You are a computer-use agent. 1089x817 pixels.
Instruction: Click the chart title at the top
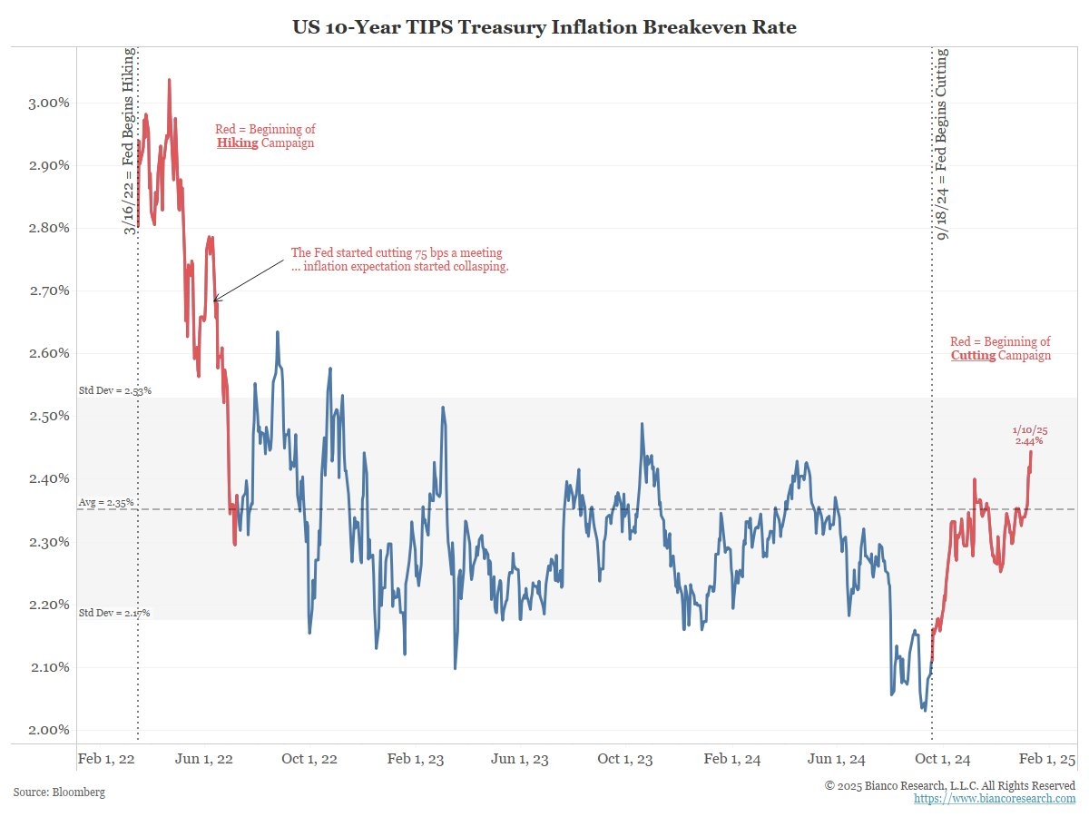click(x=544, y=27)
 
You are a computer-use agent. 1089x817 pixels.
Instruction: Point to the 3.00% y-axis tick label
click(x=44, y=103)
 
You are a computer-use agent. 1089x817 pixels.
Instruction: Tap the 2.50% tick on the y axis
click(x=44, y=417)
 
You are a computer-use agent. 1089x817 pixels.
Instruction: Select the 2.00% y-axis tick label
click(x=44, y=730)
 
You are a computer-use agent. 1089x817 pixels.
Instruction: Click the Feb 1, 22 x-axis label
click(x=106, y=759)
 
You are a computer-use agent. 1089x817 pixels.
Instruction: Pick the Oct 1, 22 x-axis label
click(x=310, y=759)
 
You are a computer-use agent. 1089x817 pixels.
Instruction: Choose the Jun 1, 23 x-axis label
click(x=519, y=759)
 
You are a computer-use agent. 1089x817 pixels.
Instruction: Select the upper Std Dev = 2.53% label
click(x=114, y=391)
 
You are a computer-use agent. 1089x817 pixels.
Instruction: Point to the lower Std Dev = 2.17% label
click(x=114, y=614)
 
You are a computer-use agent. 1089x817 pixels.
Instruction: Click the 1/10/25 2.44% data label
click(x=1029, y=435)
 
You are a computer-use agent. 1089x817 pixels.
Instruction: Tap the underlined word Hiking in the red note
click(x=238, y=143)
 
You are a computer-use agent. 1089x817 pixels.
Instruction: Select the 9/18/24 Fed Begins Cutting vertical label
click(x=943, y=145)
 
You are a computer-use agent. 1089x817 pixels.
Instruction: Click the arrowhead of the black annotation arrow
click(x=215, y=300)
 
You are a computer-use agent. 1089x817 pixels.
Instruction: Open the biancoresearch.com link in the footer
click(x=995, y=799)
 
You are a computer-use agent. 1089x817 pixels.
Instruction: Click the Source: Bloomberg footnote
click(x=59, y=792)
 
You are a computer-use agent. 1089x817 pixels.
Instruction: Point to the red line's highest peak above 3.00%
click(x=169, y=80)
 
